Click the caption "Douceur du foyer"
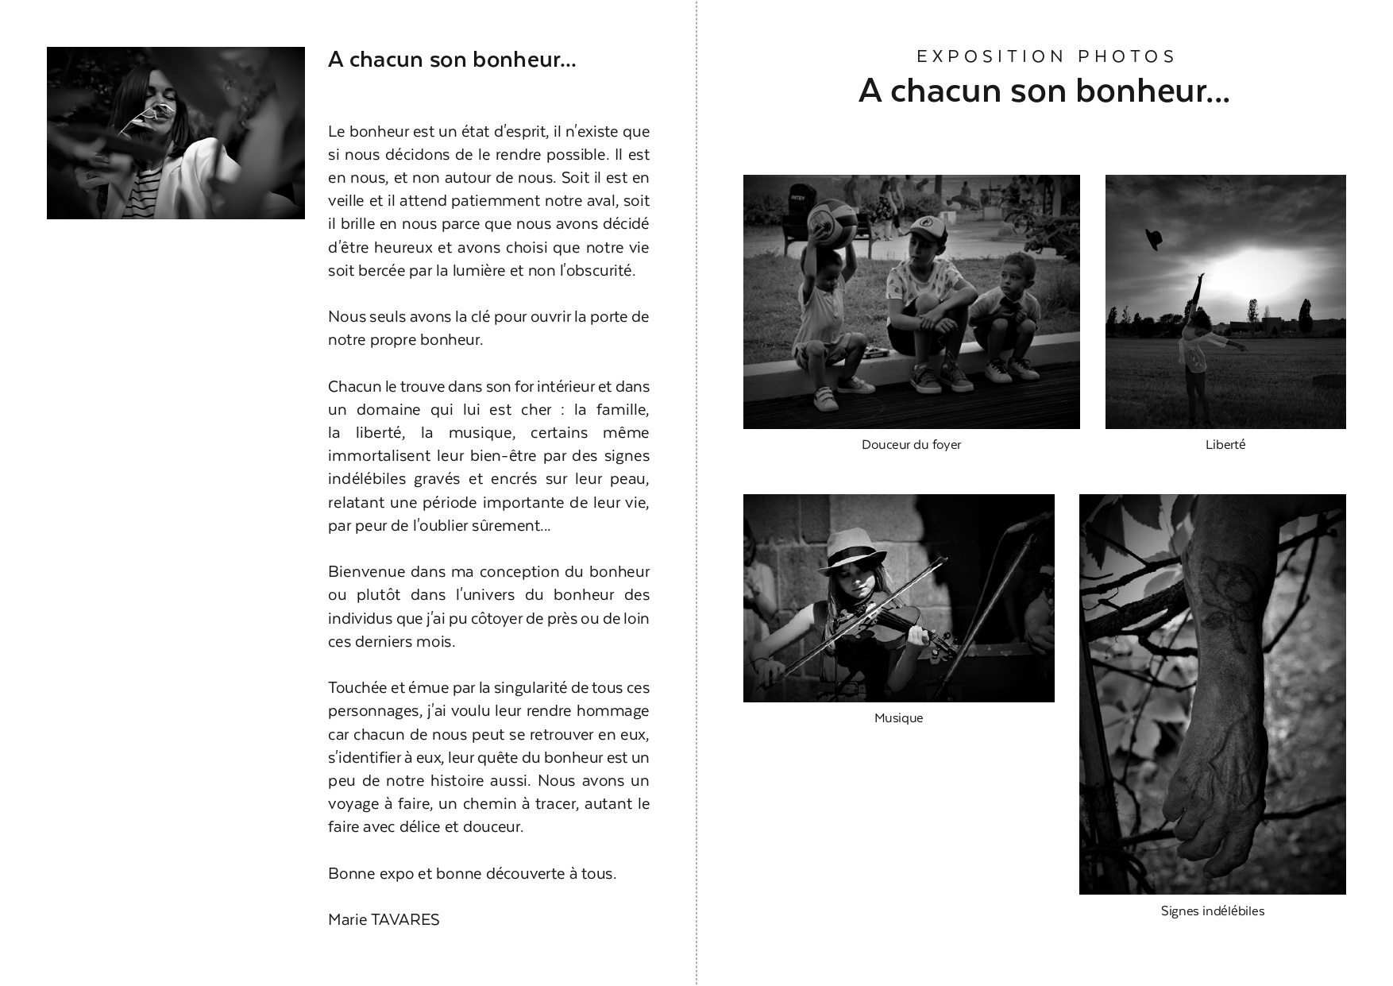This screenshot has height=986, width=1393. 911,445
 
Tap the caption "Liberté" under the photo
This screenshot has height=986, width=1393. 1225,445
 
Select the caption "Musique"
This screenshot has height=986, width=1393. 898,718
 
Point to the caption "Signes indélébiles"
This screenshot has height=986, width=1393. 1212,911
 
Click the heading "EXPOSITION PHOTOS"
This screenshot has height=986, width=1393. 1046,56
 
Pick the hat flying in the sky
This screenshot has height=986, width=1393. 1153,238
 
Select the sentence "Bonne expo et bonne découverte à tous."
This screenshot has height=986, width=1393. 472,874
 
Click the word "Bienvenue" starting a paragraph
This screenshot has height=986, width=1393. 365,572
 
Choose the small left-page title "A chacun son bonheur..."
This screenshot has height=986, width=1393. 452,60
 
